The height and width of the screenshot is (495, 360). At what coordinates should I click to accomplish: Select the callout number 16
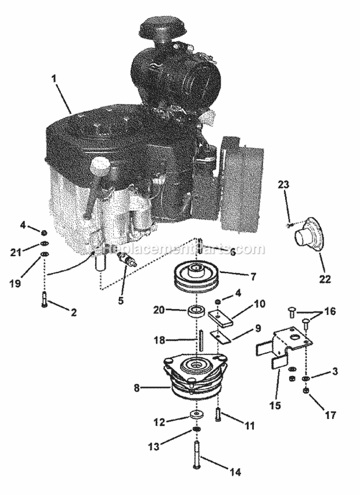coord(330,312)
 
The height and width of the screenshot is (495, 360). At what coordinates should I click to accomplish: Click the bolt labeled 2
coord(45,300)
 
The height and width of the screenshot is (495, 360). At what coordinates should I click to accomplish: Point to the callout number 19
coord(15,283)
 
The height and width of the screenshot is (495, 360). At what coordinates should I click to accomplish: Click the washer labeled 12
coord(196,413)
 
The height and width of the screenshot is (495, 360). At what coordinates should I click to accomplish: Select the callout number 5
coord(120,301)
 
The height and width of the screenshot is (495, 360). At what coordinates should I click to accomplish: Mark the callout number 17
coord(330,414)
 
